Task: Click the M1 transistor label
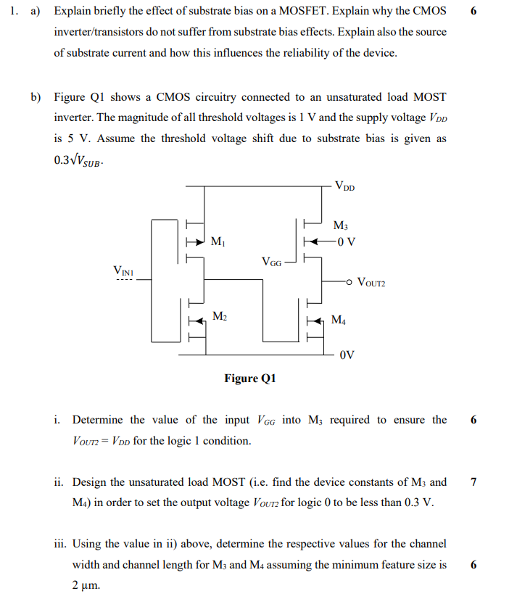pyautogui.click(x=217, y=241)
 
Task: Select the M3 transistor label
pyautogui.click(x=340, y=226)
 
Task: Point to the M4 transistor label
pyautogui.click(x=339, y=319)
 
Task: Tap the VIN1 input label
pyautogui.click(x=124, y=271)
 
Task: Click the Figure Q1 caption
pyautogui.click(x=250, y=378)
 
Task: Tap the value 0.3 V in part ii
pyautogui.click(x=418, y=503)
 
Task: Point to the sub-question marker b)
pyautogui.click(x=35, y=97)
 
